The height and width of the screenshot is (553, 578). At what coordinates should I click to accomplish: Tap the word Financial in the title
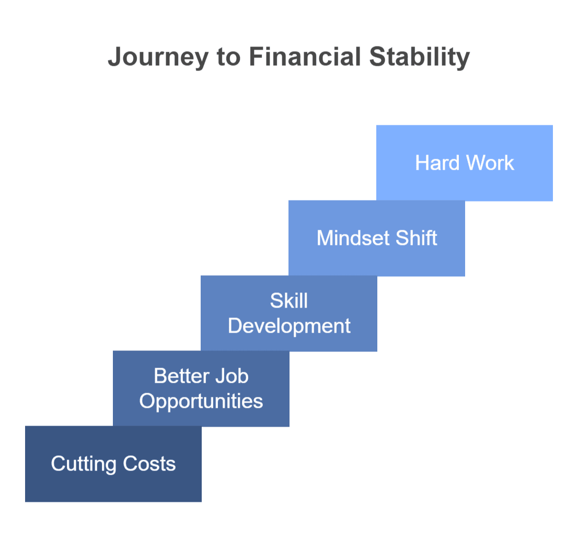[305, 56]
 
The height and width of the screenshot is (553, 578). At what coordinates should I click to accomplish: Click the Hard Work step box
[465, 163]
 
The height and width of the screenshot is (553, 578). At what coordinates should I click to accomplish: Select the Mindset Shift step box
[377, 238]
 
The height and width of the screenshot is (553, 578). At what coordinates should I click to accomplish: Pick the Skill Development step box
[289, 313]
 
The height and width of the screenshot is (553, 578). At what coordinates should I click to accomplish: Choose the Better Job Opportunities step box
[201, 389]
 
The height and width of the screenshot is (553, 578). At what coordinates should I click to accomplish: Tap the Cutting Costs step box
[113, 464]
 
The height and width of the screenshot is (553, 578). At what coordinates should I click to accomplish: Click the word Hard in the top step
[437, 163]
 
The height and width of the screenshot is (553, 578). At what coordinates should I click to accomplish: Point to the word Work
[490, 163]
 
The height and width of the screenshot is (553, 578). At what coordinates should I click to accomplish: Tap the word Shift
[417, 238]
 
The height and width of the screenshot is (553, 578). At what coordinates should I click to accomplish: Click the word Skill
[289, 301]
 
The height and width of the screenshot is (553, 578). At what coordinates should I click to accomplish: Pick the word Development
[289, 326]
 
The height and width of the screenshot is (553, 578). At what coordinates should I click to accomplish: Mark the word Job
[232, 376]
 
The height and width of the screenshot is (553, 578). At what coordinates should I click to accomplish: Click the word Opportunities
[201, 402]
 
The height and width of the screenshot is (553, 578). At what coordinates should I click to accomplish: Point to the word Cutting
[84, 464]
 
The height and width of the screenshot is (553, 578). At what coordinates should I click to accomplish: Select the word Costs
[149, 464]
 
